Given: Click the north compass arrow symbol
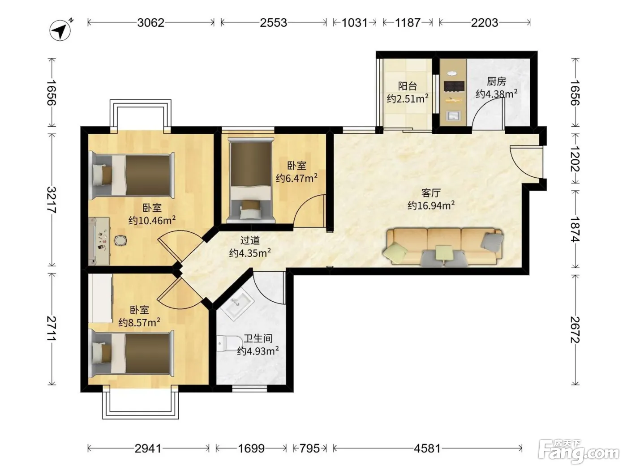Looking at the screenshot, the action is (x=60, y=30).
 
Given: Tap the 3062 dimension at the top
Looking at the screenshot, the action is (x=151, y=22).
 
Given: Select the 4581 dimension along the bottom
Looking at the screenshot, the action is (x=427, y=449).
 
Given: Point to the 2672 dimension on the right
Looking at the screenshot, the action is (x=575, y=330).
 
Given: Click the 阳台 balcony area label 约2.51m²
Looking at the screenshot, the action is (x=408, y=98).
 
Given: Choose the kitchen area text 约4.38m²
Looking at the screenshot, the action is (x=497, y=94).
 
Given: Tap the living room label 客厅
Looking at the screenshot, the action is (x=431, y=193).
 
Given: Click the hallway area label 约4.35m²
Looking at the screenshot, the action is (x=250, y=253).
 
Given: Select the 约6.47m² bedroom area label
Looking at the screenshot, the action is (x=296, y=178).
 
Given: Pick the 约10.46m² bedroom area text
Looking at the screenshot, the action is (x=152, y=220).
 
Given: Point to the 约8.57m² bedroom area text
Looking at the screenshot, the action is (x=139, y=322).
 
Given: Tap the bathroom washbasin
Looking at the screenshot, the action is (x=237, y=304).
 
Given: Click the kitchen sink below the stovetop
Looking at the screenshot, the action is (x=453, y=116).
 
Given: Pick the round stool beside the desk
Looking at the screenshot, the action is (x=120, y=240).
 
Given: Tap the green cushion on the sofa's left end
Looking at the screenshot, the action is (x=395, y=252).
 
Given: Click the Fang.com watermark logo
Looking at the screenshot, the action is (x=579, y=453).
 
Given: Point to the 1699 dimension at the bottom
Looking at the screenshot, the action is (x=251, y=449).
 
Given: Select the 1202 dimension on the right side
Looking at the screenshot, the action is (x=575, y=158).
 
